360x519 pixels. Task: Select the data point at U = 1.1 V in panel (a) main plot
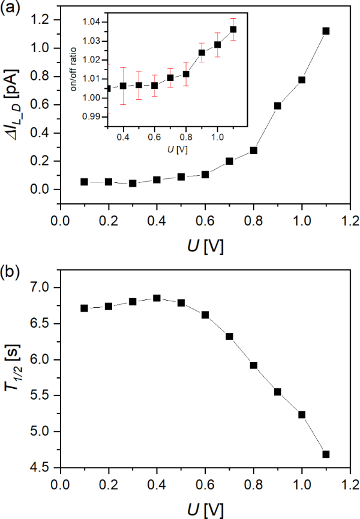tap(326, 31)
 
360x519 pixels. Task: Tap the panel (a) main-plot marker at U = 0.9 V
tap(277, 106)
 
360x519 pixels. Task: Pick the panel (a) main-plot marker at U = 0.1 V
tap(84, 182)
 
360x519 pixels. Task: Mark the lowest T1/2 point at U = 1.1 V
tap(326, 454)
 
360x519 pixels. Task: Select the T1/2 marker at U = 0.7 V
tap(229, 337)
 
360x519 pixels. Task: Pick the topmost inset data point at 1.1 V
tap(233, 29)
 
